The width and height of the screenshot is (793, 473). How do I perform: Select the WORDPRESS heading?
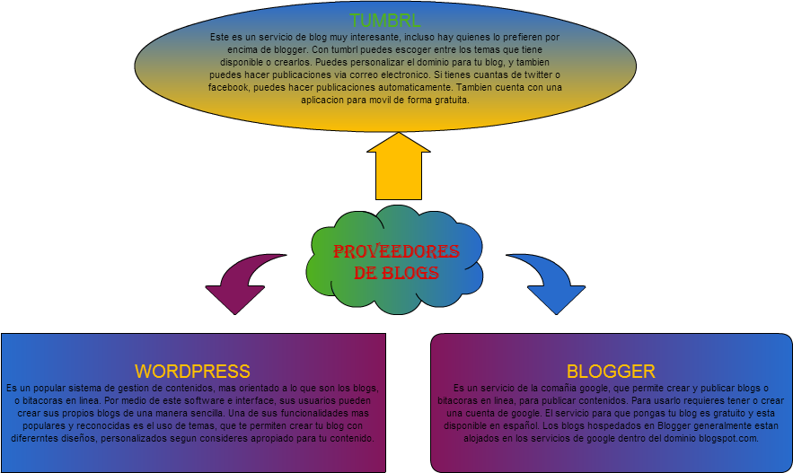192,371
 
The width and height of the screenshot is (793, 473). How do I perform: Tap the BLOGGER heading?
611,371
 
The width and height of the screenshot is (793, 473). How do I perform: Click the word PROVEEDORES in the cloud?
396,251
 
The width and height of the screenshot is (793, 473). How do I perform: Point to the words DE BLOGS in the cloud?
396,273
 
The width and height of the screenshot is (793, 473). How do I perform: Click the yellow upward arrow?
398,166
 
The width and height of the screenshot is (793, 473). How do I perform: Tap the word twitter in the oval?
524,75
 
